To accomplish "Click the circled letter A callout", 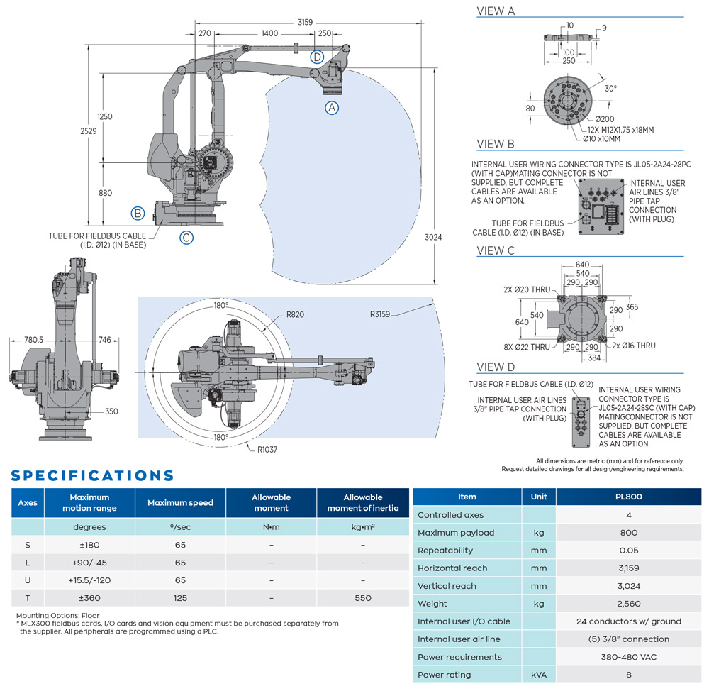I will point(332,108).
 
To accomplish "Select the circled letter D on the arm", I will point(318,57).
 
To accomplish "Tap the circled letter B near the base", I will point(138,212).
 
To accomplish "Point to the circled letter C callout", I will point(186,238).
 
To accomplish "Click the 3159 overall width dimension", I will point(305,23).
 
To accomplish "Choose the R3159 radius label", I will point(382,313).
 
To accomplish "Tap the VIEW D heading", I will point(496,367).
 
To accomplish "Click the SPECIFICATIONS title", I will point(92,475).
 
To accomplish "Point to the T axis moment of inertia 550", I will point(363,598).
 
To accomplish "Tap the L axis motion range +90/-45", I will point(89,563).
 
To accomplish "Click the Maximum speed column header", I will point(180,503).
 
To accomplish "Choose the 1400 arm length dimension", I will point(269,33).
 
